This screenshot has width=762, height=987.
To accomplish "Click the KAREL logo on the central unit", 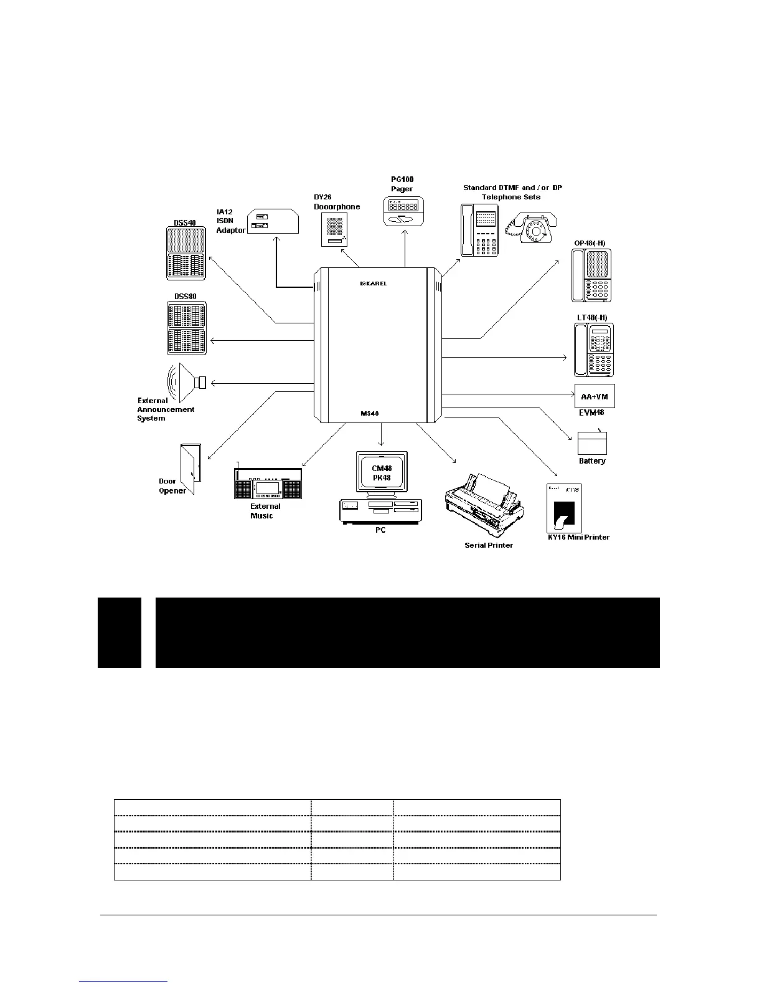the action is coord(374,284).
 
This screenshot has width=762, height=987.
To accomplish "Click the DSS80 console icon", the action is coord(187,328).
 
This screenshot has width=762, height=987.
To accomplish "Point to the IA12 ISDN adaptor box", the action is coord(273,221).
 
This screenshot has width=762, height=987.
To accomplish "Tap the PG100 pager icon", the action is coord(403,211).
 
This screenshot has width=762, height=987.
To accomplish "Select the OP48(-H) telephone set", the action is coord(591,275).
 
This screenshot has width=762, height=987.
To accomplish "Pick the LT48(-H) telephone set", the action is coord(594,350).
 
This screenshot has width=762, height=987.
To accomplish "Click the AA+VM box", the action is coord(595,396).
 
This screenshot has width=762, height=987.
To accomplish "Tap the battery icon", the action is coord(592,443).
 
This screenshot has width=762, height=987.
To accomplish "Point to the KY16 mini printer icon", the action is coord(564,508).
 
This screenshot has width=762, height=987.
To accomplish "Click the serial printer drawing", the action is coord(484,503).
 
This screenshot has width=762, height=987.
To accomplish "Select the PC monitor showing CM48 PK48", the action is coord(382,472).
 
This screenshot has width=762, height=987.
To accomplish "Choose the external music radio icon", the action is coord(268,484).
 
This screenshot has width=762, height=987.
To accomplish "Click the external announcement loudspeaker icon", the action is coord(186,381).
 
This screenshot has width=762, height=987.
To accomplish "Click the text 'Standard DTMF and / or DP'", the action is coord(512,188).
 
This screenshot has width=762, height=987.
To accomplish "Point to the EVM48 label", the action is coord(591,412).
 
